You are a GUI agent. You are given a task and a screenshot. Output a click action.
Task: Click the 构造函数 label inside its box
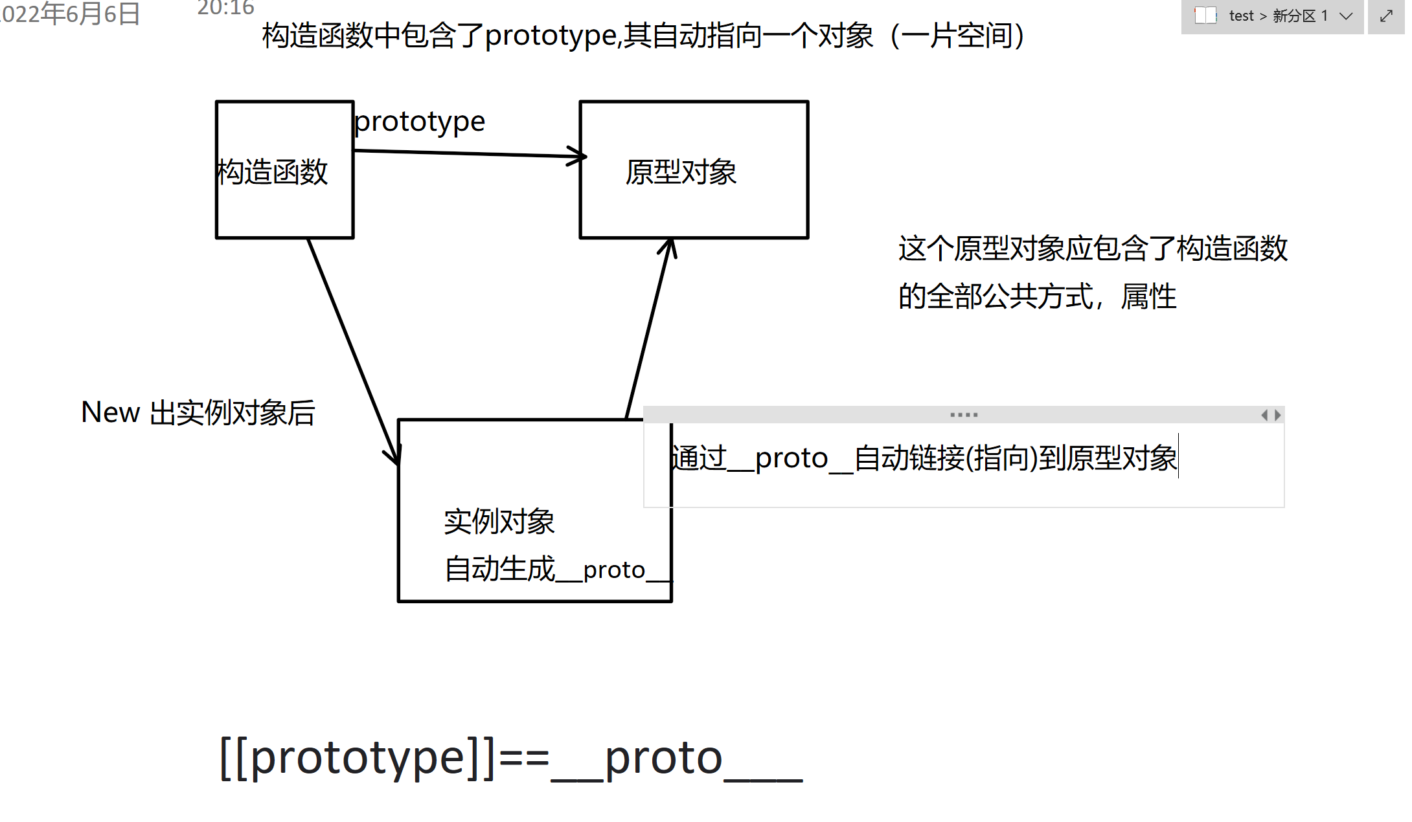click(x=273, y=172)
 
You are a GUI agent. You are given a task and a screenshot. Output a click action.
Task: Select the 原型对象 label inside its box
click(x=681, y=172)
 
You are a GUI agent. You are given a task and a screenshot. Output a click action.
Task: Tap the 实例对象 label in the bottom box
click(x=499, y=522)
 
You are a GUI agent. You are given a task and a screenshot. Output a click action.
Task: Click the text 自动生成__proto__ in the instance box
click(x=558, y=570)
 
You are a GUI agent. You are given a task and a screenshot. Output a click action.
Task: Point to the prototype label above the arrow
click(x=420, y=122)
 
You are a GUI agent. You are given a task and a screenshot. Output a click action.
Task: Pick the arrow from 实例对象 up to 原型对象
click(x=648, y=330)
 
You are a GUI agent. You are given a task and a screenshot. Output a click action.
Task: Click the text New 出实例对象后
click(x=198, y=413)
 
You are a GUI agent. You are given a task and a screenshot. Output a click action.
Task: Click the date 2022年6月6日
click(x=70, y=14)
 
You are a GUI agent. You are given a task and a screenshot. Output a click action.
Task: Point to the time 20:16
click(x=225, y=8)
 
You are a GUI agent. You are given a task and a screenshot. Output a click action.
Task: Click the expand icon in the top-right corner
click(x=1386, y=16)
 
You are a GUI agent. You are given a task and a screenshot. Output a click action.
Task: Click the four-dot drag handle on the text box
click(x=964, y=415)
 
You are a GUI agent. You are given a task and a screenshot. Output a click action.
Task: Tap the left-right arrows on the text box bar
click(x=1271, y=415)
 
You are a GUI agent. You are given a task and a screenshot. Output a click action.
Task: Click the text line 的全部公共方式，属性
click(x=1037, y=297)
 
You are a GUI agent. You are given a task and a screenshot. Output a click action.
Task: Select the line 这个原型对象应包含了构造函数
click(x=1093, y=249)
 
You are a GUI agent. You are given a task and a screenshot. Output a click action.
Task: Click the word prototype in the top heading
click(x=550, y=36)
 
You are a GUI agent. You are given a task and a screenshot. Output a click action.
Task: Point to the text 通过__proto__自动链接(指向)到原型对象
click(x=924, y=458)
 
